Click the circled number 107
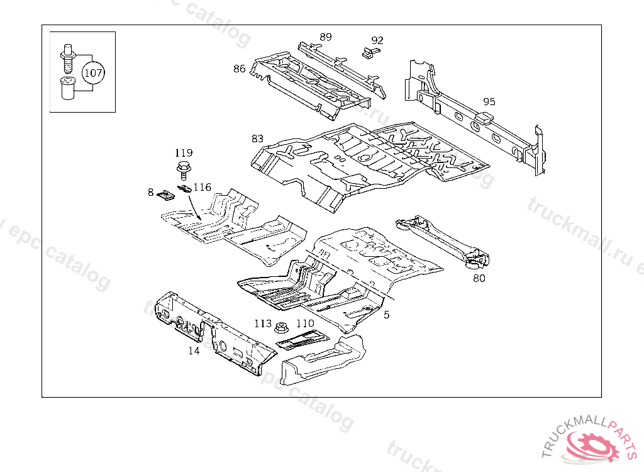point(93,73)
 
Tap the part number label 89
point(325,37)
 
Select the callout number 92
point(377,40)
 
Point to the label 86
point(239,69)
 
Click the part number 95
point(489,101)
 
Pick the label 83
point(257,138)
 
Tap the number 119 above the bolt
point(184,153)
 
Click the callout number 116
point(202,187)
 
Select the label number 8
point(151,191)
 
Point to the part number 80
point(479,278)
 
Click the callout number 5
point(386,314)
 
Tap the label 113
point(263,323)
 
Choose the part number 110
point(305,323)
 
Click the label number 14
point(194,351)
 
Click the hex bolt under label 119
point(184,170)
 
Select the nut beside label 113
point(282,327)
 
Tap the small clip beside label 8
point(165,195)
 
